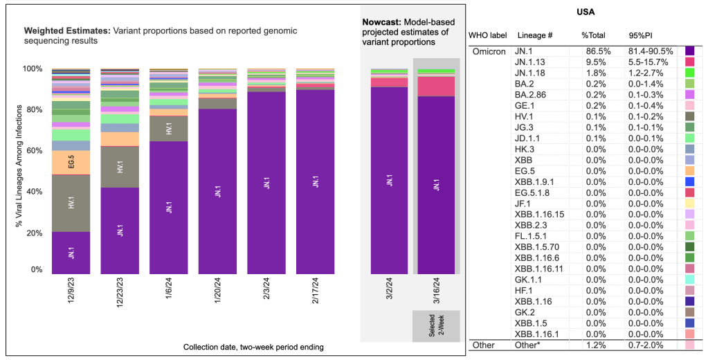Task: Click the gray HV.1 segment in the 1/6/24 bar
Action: point(168,128)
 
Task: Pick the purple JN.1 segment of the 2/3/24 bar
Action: point(266,183)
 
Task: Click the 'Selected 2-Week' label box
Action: point(436,325)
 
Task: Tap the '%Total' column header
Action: point(594,35)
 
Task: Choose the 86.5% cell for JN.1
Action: point(594,51)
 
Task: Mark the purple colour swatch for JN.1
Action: point(689,51)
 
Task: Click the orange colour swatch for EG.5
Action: point(689,170)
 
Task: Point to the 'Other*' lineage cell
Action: point(527,345)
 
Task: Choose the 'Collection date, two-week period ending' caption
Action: point(253,346)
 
